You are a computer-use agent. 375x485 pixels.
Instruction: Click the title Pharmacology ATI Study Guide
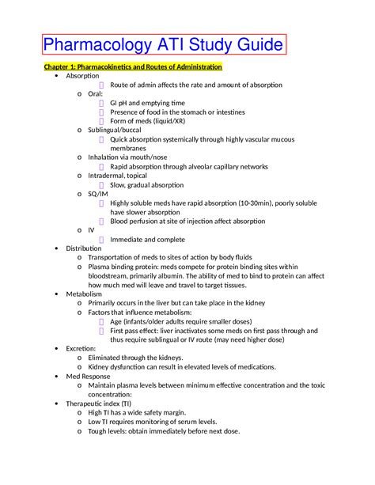[164, 45]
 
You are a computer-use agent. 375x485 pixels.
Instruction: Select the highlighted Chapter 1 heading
[132, 66]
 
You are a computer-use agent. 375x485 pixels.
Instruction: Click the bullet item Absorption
[82, 76]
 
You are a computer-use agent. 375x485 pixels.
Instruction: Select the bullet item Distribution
[84, 248]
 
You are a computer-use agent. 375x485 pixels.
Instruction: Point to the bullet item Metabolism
[84, 294]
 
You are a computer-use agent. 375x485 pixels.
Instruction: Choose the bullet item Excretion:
[81, 348]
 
